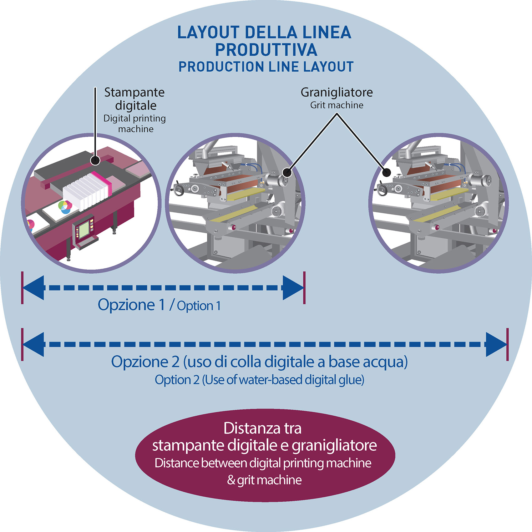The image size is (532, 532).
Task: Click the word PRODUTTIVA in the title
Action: point(266,50)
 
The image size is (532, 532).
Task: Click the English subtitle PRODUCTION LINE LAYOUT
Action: point(266,67)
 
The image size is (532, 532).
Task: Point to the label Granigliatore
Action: point(337,92)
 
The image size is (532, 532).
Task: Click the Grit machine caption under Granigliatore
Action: point(337,105)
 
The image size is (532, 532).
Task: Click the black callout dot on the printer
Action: point(95,160)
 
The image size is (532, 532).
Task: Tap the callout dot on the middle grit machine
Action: point(287,172)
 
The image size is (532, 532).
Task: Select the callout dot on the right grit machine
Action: point(387,172)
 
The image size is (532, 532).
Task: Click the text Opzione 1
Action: point(131,305)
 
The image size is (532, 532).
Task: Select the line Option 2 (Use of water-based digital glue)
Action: point(260,380)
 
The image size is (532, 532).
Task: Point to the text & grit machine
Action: point(265,480)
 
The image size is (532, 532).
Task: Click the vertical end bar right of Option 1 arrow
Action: point(304,288)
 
